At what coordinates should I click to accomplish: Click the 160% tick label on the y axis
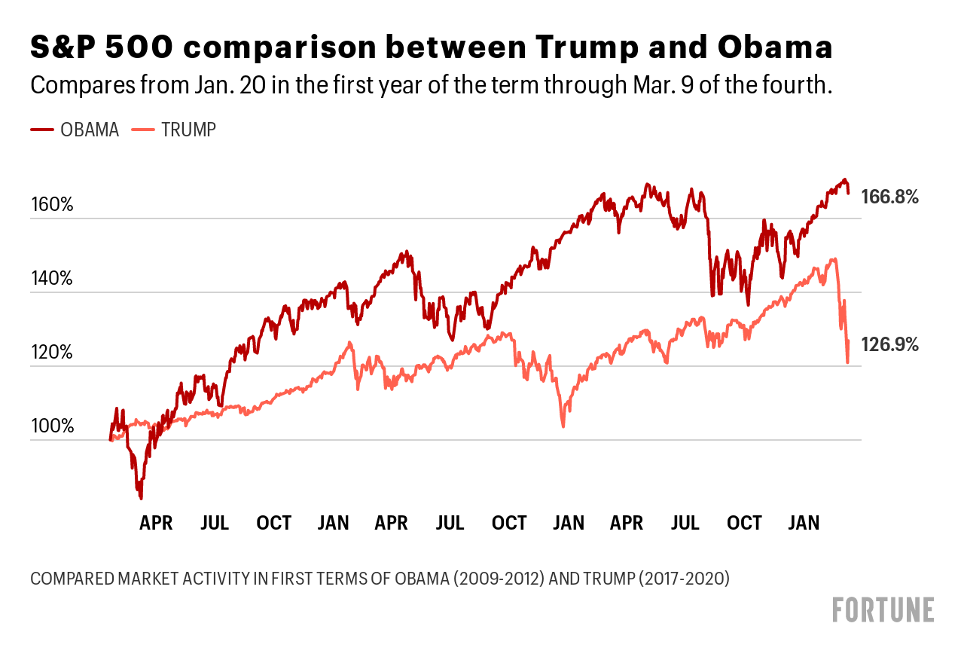coord(52,204)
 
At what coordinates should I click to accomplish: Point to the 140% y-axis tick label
coord(52,278)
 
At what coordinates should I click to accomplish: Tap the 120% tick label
coord(52,352)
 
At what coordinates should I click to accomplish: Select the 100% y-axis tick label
coord(52,426)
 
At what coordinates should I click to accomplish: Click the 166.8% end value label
coord(890,197)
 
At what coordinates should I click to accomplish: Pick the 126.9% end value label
coord(890,345)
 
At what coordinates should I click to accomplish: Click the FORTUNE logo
coord(883,610)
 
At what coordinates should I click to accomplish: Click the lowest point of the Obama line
coord(141,498)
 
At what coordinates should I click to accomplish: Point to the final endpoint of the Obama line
coord(848,194)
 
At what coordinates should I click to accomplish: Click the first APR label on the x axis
coord(156,523)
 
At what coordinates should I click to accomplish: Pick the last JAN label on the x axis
coord(804,523)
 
